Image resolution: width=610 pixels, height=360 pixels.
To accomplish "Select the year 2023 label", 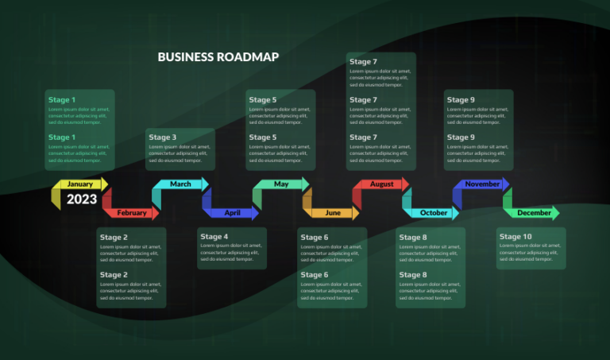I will [x=82, y=199].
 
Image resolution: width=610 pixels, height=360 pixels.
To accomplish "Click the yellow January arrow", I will [x=79, y=184].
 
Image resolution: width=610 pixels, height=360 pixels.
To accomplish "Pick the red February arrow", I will [x=131, y=213].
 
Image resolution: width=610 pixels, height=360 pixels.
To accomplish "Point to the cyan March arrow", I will [x=180, y=184].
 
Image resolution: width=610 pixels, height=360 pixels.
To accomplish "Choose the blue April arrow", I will [x=231, y=213].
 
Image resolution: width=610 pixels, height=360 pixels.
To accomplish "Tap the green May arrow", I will [x=281, y=184].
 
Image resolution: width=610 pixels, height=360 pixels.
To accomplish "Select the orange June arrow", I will [x=332, y=213].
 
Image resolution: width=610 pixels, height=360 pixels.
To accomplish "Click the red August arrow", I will [x=381, y=184].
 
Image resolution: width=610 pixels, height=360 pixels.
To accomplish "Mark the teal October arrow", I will [x=432, y=213].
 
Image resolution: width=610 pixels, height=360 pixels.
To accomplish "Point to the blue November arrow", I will [x=481, y=184].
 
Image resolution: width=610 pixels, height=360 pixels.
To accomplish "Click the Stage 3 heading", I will [x=163, y=137].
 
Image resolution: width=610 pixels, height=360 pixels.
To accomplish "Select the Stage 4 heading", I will [x=214, y=237].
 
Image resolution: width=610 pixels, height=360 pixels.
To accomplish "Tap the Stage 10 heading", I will [x=515, y=237].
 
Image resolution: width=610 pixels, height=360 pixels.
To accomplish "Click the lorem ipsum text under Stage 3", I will [x=180, y=153].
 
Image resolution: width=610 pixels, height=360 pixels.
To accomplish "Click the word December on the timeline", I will [x=534, y=213].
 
